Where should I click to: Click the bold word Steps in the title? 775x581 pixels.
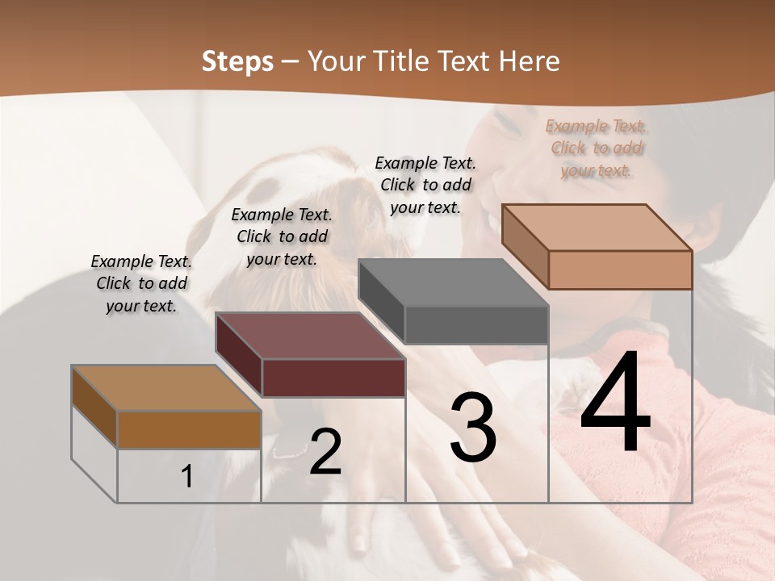click(237, 61)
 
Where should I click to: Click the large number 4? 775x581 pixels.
click(615, 403)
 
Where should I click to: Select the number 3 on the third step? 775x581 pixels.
click(473, 428)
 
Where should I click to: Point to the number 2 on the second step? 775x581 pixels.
click(325, 453)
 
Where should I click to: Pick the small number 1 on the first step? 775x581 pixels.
click(187, 477)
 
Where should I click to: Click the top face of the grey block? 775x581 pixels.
click(454, 283)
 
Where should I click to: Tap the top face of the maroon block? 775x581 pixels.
click(311, 336)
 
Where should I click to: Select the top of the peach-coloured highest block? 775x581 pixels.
click(597, 227)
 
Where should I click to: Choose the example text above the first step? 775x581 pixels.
click(141, 284)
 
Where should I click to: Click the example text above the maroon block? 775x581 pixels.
click(282, 236)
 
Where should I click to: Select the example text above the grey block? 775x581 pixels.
click(425, 185)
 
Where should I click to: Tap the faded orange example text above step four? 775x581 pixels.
click(596, 148)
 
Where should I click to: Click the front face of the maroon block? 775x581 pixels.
click(333, 378)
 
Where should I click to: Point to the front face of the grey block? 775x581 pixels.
click(476, 324)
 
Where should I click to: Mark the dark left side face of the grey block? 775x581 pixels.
click(381, 300)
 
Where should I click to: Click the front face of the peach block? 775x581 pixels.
click(620, 270)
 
